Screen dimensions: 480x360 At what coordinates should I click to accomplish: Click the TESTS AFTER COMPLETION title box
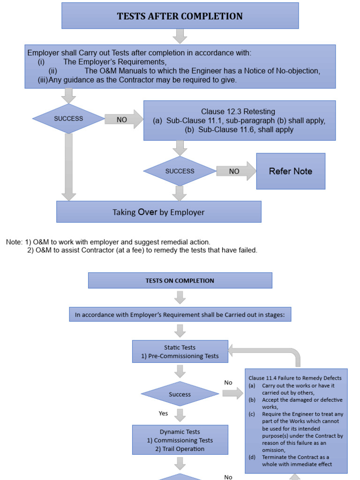click(180, 16)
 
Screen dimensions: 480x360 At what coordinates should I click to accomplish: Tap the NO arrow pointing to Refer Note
click(236, 172)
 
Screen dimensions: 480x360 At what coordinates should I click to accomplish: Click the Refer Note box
click(290, 171)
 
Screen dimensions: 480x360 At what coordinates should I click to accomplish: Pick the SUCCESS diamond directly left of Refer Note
click(180, 171)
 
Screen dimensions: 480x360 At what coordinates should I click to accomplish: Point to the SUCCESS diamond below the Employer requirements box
click(68, 119)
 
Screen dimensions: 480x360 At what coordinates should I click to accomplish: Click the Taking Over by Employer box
click(158, 212)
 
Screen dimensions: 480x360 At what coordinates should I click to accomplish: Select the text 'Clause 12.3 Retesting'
click(238, 112)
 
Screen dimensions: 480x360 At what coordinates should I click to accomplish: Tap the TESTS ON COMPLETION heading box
click(180, 280)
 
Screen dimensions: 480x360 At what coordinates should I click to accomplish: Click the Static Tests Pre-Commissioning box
click(180, 352)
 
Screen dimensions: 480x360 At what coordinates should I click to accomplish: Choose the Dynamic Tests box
click(180, 440)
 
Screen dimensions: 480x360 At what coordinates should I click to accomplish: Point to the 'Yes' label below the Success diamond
click(163, 413)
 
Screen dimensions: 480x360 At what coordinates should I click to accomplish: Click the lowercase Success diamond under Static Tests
click(180, 394)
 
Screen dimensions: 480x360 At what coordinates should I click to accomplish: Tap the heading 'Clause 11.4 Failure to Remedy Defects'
click(295, 378)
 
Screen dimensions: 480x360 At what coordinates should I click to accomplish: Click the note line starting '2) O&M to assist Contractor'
click(142, 250)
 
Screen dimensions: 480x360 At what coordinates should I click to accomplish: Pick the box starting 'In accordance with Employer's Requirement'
click(180, 315)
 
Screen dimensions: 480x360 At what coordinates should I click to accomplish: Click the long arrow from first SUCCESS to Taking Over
click(69, 166)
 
